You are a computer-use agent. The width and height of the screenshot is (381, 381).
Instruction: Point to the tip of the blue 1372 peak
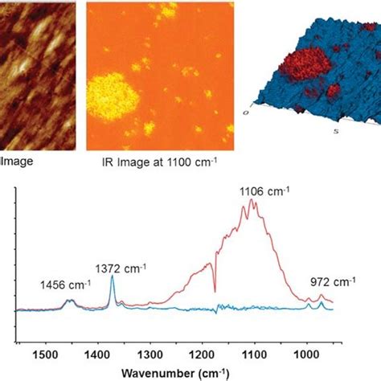point(113,277)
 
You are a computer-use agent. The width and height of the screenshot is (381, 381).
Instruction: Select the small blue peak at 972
point(322,302)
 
